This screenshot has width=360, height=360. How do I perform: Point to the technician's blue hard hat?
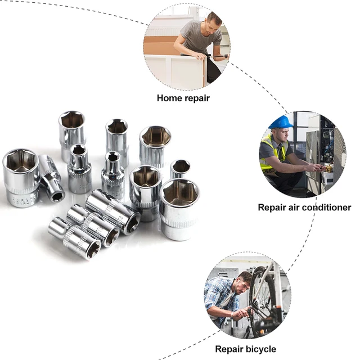click(281, 121)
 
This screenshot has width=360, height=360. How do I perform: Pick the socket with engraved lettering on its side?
click(21, 178)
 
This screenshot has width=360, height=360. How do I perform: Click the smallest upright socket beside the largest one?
click(180, 168)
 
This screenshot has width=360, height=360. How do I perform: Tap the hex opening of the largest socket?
click(180, 193)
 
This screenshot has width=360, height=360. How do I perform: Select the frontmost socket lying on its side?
click(75, 238)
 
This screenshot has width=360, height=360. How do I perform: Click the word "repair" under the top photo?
click(197, 97)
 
